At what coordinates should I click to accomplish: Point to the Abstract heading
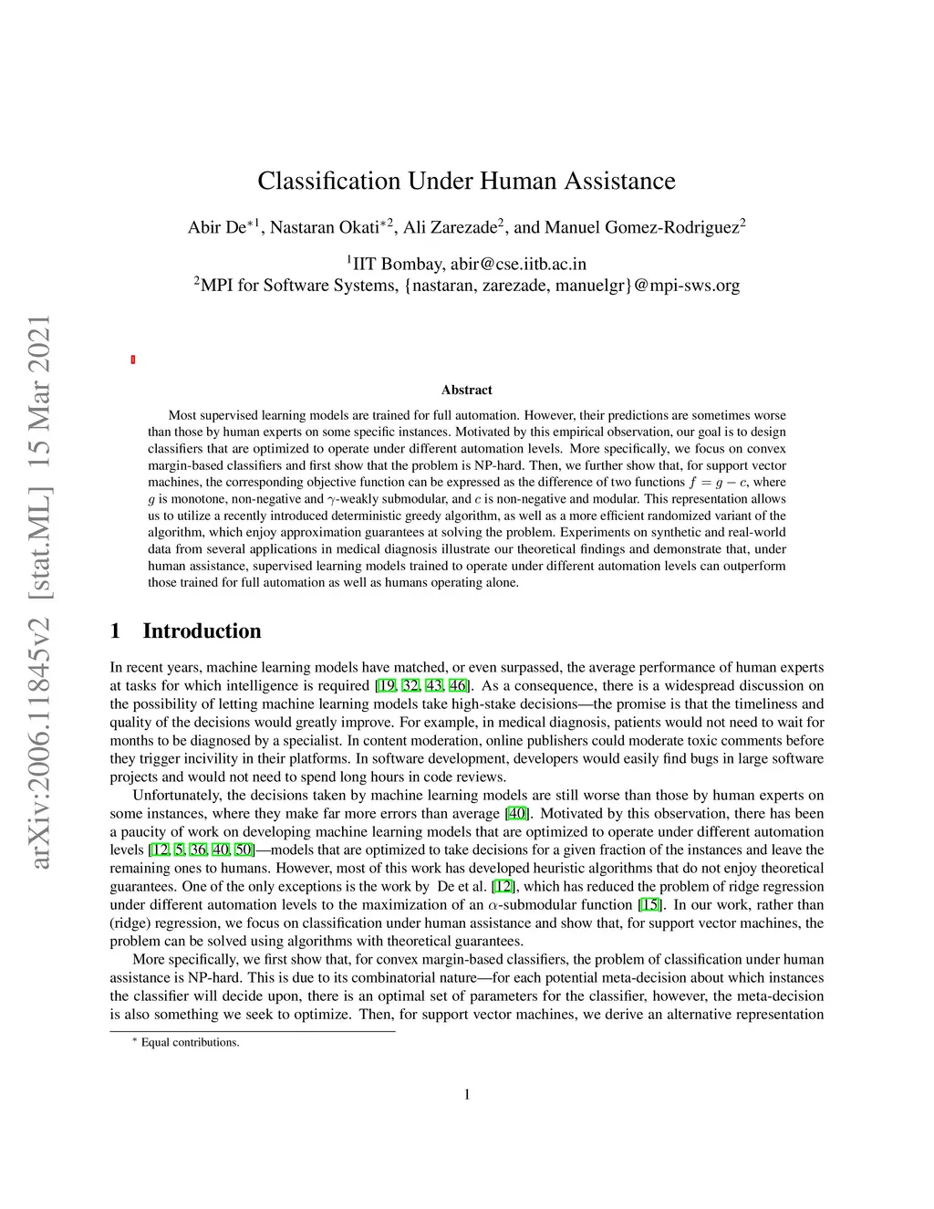coord(466,390)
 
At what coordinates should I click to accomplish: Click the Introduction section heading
coord(202,631)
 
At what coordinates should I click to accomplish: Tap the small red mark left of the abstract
coord(133,360)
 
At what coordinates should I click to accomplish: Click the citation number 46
coord(457,685)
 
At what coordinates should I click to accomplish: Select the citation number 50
coord(243,849)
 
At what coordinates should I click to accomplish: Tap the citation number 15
coord(649,904)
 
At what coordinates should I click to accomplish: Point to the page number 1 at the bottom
coord(467,1094)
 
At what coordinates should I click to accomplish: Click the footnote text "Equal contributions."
coord(190,1042)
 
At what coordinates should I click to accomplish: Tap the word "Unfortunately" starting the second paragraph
coord(176,795)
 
